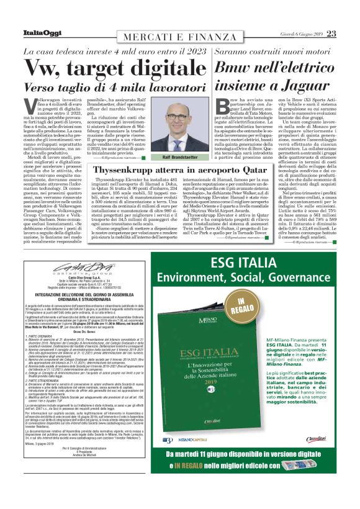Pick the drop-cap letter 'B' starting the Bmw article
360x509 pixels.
[220, 106]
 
